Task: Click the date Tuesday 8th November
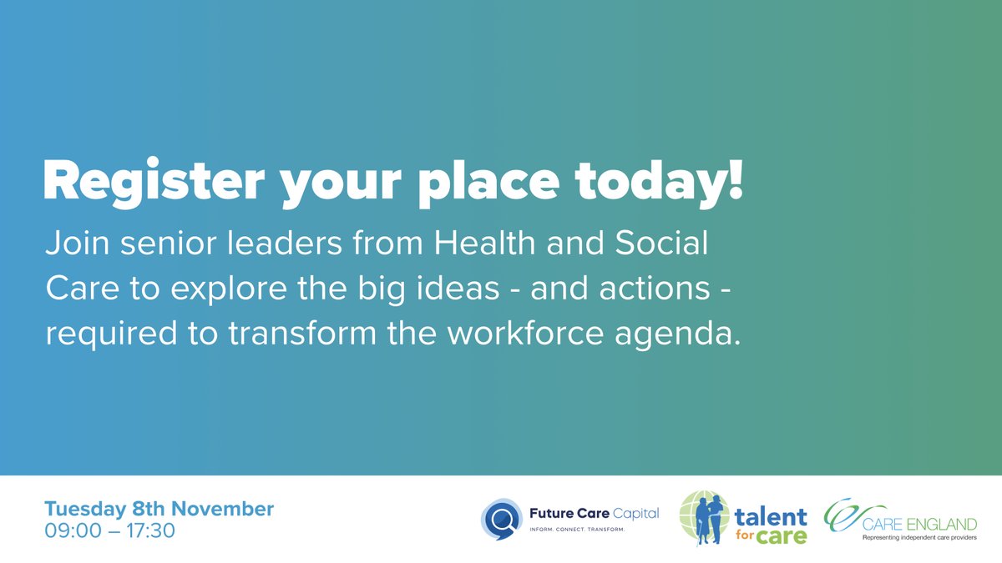pyautogui.click(x=159, y=508)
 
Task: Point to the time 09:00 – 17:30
pyautogui.click(x=109, y=530)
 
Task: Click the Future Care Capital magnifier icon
pyautogui.click(x=500, y=517)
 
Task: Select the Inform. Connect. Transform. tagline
pyautogui.click(x=578, y=530)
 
